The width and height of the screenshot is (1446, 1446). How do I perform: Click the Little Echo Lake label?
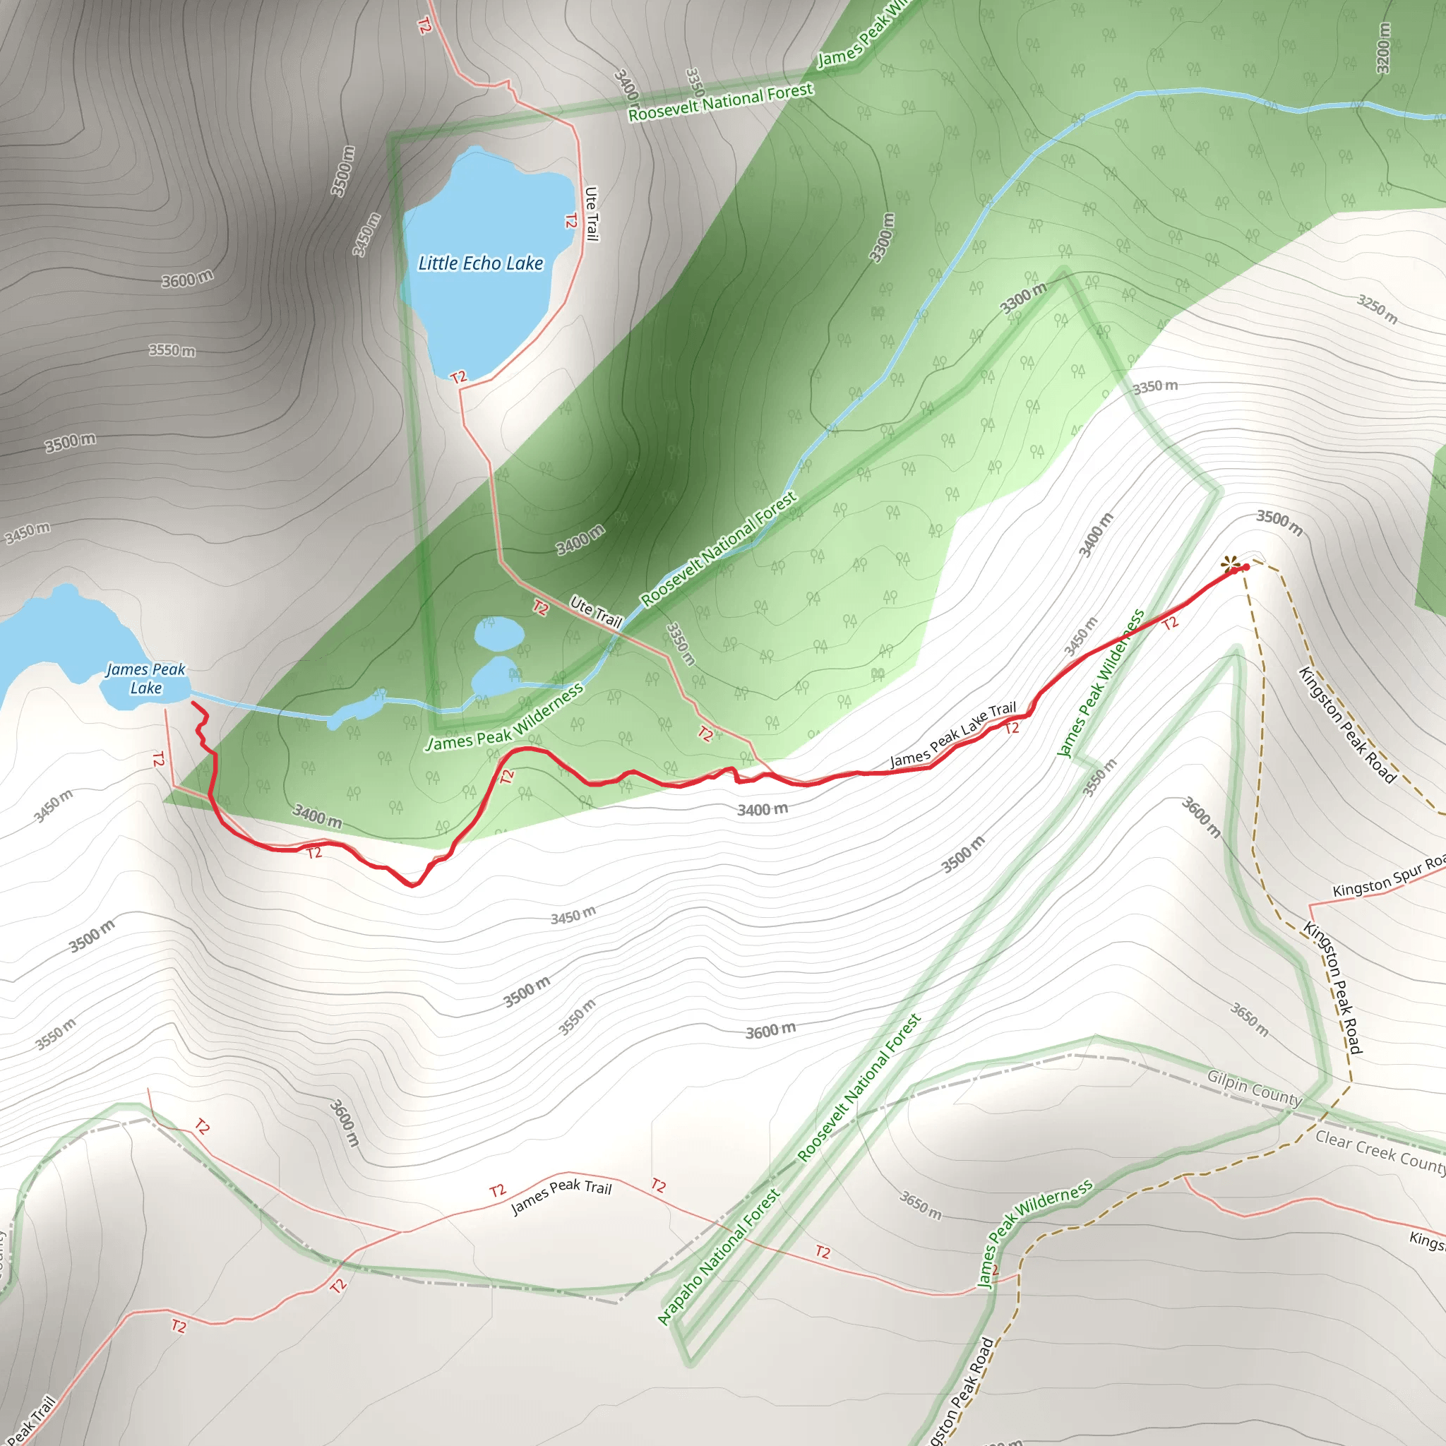(481, 263)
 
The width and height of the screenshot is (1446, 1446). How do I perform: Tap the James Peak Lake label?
(145, 678)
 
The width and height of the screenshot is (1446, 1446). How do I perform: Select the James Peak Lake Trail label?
(952, 734)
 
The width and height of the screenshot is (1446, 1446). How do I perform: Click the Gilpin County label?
(1255, 1087)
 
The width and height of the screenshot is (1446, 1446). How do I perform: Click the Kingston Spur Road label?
(1388, 876)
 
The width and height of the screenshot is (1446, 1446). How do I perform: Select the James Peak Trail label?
(561, 1196)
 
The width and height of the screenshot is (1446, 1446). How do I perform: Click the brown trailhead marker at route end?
(1230, 564)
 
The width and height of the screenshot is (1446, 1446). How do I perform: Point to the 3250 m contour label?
(1377, 309)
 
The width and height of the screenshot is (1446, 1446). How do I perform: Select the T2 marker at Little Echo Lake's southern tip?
(459, 376)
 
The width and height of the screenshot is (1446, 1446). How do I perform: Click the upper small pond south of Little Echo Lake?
(498, 633)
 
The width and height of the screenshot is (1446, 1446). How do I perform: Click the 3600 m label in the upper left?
(187, 279)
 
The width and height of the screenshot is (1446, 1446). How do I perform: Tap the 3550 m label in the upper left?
(172, 350)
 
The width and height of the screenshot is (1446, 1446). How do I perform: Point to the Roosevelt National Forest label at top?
(720, 102)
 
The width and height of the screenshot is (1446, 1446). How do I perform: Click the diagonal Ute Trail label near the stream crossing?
(596, 611)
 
